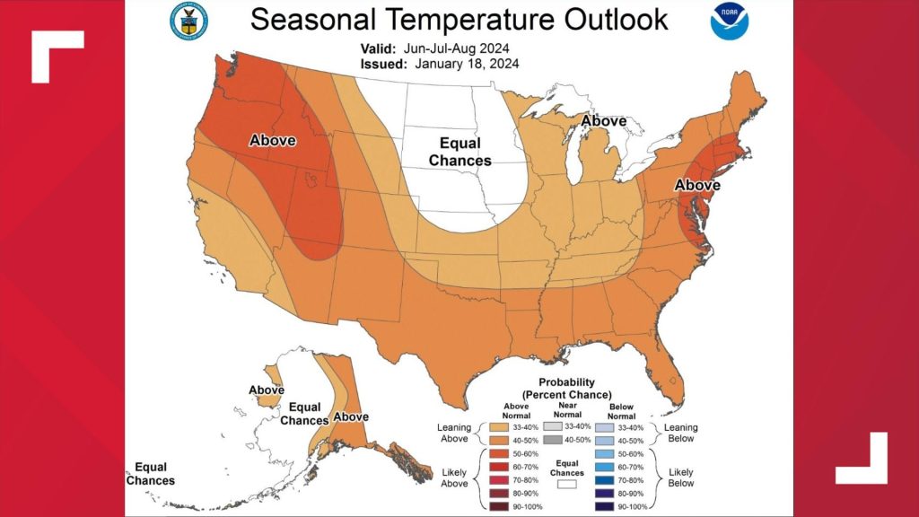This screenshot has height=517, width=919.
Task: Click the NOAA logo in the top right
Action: pyautogui.click(x=728, y=22)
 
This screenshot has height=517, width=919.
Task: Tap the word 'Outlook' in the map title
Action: pyautogui.click(x=612, y=18)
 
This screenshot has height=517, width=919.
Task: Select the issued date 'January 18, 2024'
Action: pyautogui.click(x=468, y=64)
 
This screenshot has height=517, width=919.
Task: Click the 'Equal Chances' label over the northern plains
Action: pyautogui.click(x=460, y=152)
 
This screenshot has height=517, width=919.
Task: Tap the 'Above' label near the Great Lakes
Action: pyautogui.click(x=603, y=121)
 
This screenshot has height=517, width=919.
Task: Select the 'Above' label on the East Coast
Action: pyautogui.click(x=697, y=185)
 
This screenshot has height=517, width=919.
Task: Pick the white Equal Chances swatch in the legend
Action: pyautogui.click(x=565, y=483)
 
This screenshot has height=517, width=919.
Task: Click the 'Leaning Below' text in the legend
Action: pyautogui.click(x=680, y=434)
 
